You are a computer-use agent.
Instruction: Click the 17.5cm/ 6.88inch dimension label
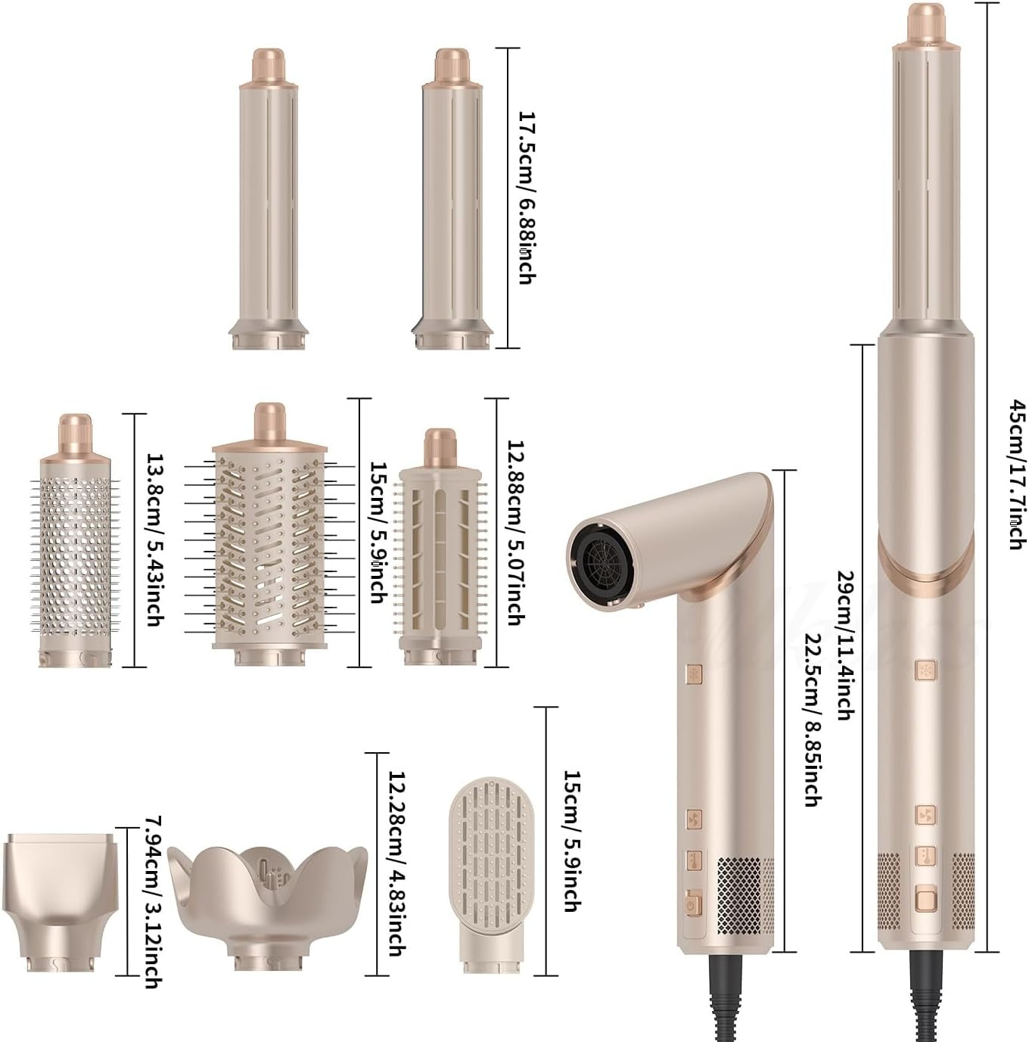point(527,198)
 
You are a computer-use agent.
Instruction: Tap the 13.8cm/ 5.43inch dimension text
point(154,539)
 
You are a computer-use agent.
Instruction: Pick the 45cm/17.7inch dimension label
point(1016,474)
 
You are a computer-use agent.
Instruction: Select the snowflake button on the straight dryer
point(926,670)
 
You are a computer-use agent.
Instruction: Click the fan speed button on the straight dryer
point(926,815)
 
